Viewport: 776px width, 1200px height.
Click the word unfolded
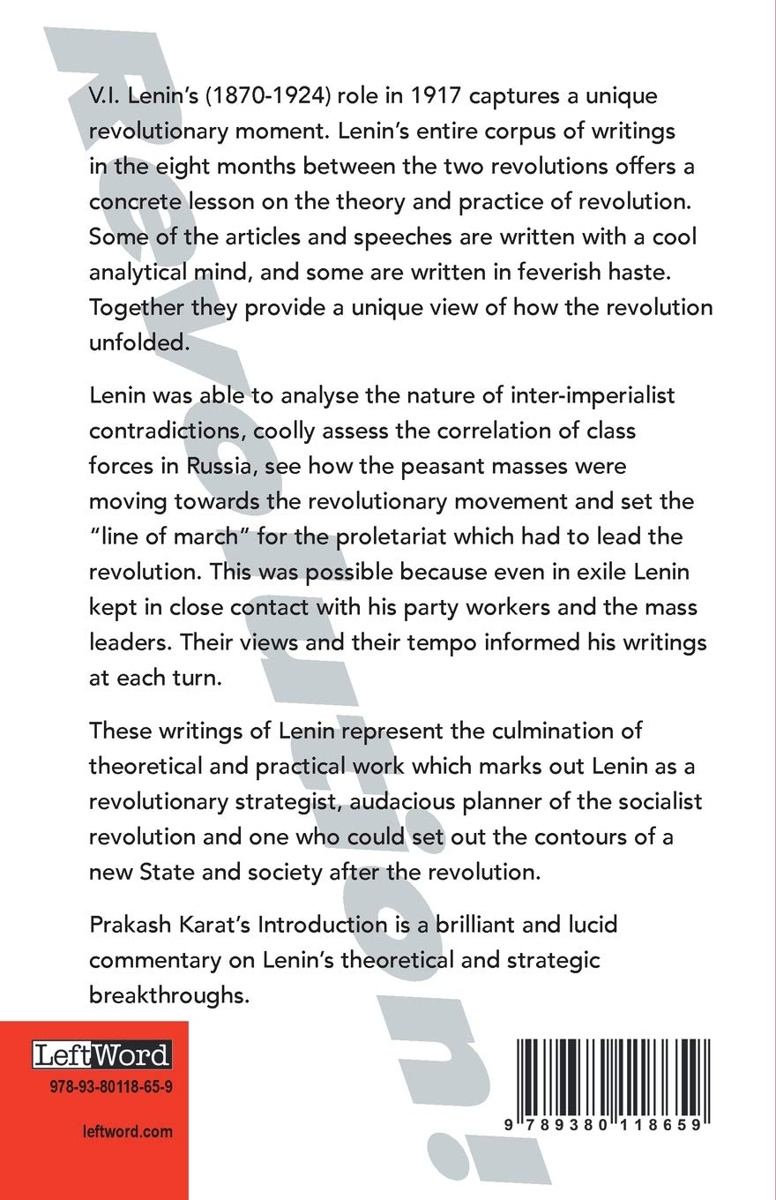(138, 344)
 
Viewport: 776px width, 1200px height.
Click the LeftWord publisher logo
(101, 1055)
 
